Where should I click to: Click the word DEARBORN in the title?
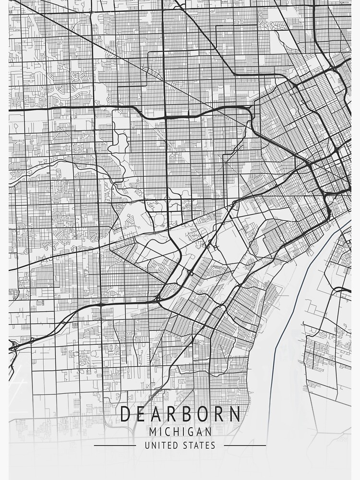[180, 414]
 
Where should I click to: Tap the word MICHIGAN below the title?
[180, 432]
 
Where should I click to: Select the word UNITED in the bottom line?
[160, 445]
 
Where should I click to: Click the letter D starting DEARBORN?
[126, 414]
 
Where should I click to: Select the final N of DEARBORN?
[234, 414]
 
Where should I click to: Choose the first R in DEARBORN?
[173, 414]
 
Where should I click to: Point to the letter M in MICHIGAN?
[153, 432]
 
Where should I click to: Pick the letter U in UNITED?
[147, 445]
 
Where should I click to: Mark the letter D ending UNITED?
[173, 445]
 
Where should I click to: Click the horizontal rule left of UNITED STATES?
[115, 445]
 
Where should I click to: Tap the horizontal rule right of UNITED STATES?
[245, 445]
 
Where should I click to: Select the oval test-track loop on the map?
[159, 220]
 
